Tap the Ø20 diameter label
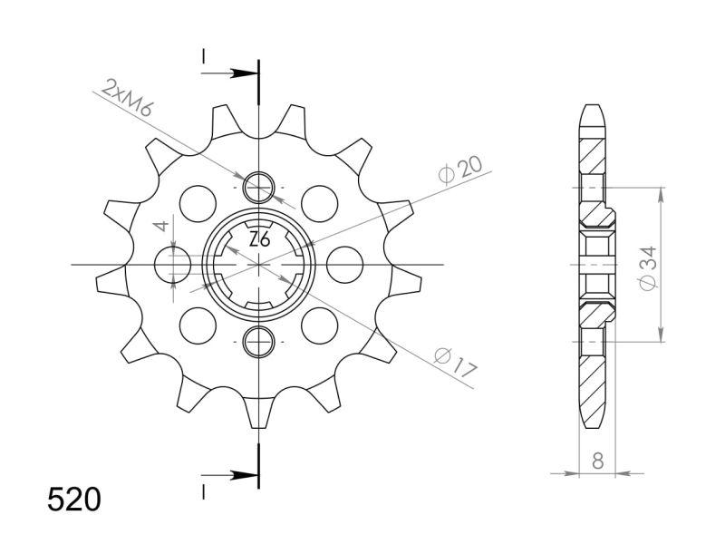click(459, 170)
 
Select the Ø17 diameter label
click(456, 363)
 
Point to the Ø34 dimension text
click(648, 268)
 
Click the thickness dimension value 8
click(597, 461)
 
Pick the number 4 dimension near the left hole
click(161, 226)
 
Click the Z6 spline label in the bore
click(259, 240)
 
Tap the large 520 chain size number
click(74, 500)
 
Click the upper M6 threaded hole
click(259, 188)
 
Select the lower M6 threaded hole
click(259, 342)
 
